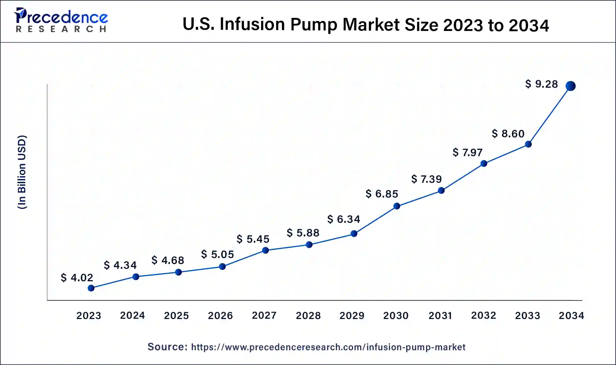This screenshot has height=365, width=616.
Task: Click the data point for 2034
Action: click(x=570, y=86)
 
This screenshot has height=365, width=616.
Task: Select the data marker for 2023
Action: click(x=91, y=288)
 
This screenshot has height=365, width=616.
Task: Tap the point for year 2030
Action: click(x=397, y=206)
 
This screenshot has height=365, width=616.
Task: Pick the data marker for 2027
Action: click(x=265, y=250)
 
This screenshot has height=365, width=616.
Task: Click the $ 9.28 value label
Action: click(x=541, y=84)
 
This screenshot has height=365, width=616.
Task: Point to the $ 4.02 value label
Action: click(x=77, y=278)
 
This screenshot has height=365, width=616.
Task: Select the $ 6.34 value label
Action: click(x=343, y=219)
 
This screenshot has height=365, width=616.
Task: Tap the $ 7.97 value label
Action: click(x=467, y=152)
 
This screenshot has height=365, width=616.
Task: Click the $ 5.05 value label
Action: click(x=218, y=254)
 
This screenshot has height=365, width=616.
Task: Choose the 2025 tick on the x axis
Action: click(x=176, y=315)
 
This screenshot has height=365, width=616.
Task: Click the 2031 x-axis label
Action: click(x=440, y=315)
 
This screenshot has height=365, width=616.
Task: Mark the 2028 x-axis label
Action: click(x=308, y=315)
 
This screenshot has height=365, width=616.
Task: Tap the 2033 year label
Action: click(x=528, y=315)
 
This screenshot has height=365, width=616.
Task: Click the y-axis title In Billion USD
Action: click(x=22, y=172)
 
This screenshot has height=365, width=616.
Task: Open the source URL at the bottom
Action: click(x=328, y=347)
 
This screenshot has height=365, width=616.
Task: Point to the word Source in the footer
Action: click(x=167, y=347)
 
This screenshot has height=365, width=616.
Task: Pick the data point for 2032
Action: click(x=484, y=163)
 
